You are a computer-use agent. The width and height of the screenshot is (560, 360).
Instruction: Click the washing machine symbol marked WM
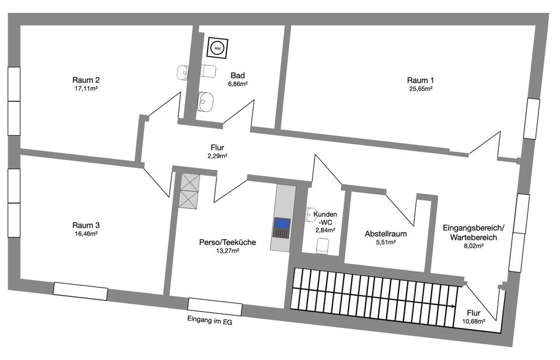(217, 48)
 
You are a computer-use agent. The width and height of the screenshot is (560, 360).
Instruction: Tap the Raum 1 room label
(421, 80)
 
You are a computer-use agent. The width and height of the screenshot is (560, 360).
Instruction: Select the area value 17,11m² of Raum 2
(85, 89)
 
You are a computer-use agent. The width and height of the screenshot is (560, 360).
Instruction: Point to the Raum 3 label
(86, 225)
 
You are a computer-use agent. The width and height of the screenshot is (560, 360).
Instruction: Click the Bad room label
(237, 75)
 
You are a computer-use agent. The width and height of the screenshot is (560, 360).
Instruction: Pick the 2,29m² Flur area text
(217, 156)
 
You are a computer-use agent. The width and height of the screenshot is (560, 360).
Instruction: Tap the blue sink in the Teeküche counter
(282, 223)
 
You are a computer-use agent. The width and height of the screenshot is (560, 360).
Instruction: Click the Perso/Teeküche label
(228, 242)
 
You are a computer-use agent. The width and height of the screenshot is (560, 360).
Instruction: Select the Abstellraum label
(386, 233)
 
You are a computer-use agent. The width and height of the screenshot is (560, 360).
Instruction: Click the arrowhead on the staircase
(454, 306)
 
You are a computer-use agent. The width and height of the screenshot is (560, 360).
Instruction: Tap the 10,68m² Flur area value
(474, 321)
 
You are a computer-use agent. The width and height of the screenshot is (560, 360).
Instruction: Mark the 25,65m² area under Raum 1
(421, 89)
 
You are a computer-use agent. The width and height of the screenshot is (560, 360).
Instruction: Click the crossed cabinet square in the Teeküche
(190, 191)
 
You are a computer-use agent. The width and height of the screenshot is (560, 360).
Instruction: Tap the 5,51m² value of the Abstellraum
(386, 242)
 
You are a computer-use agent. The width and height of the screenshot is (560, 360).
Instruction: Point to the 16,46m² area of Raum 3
(85, 234)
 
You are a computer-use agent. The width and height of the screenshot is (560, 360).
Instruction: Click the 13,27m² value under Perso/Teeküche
(228, 251)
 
